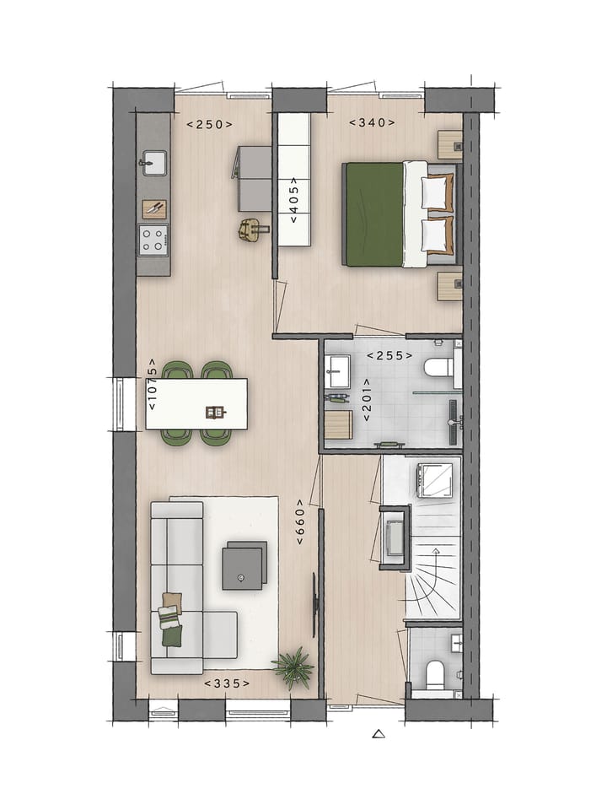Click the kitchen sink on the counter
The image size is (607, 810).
pyautogui.click(x=153, y=162)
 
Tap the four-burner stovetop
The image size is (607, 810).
pyautogui.click(x=153, y=240)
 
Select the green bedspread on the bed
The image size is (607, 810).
pyautogui.click(x=373, y=214)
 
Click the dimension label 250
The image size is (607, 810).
pyautogui.click(x=209, y=125)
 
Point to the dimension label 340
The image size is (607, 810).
pyautogui.click(x=373, y=122)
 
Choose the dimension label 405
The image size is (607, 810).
pyautogui.click(x=293, y=200)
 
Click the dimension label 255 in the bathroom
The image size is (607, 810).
pyautogui.click(x=389, y=356)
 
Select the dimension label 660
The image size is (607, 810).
pyautogui.click(x=300, y=529)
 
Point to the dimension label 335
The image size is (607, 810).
pyautogui.click(x=227, y=683)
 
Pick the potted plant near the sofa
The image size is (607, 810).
pyautogui.click(x=293, y=667)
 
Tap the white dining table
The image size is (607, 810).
pyautogui.click(x=196, y=403)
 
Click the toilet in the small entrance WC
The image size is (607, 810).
pyautogui.click(x=435, y=674)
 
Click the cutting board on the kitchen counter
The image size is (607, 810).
pyautogui.click(x=154, y=208)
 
